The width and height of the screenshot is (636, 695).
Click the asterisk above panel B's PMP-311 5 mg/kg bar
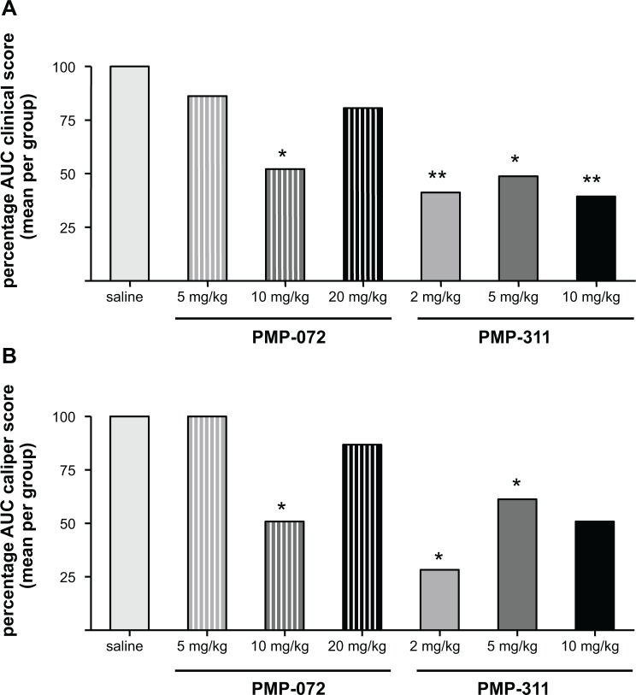[x=516, y=486]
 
